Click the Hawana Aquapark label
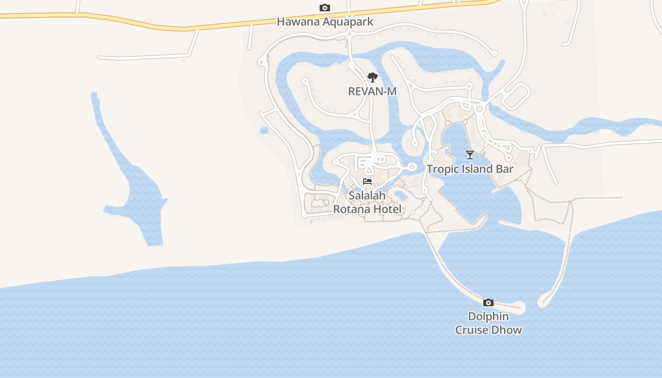point(325,22)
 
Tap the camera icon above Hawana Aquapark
point(325,8)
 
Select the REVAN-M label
point(372,91)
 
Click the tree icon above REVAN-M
point(373,77)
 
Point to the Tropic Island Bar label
point(470,169)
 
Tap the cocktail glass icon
point(470,155)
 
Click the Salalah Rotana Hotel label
point(367,202)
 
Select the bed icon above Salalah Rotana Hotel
point(367,181)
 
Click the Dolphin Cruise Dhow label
point(488,323)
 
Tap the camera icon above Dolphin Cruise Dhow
point(488,303)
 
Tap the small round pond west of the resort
point(264,130)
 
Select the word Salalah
point(367,195)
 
